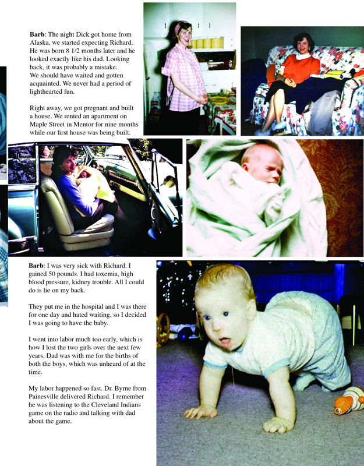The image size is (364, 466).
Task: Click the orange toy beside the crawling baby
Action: coord(349,401)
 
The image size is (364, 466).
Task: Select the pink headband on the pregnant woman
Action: coord(180,27)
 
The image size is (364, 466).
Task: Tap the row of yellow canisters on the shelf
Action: coord(209,43)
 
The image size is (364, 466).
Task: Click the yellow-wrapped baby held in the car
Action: coord(93,183)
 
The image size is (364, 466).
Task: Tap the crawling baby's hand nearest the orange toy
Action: coord(279,424)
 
